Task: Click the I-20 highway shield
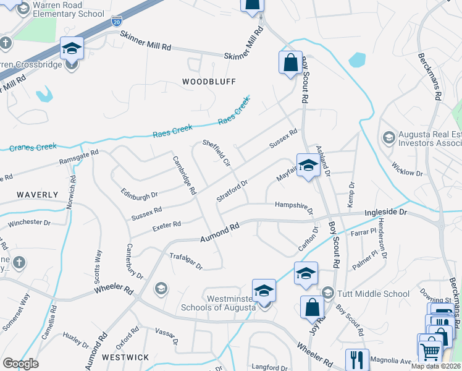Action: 117,21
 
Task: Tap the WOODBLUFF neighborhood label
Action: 201,81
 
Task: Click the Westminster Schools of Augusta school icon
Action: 264,291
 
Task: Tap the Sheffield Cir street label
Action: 216,153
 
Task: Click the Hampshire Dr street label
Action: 294,206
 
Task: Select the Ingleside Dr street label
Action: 387,212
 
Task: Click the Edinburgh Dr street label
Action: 139,194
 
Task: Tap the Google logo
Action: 20,364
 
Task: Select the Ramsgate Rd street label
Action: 78,156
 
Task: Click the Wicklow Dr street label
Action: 407,169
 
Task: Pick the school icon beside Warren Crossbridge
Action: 72,48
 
